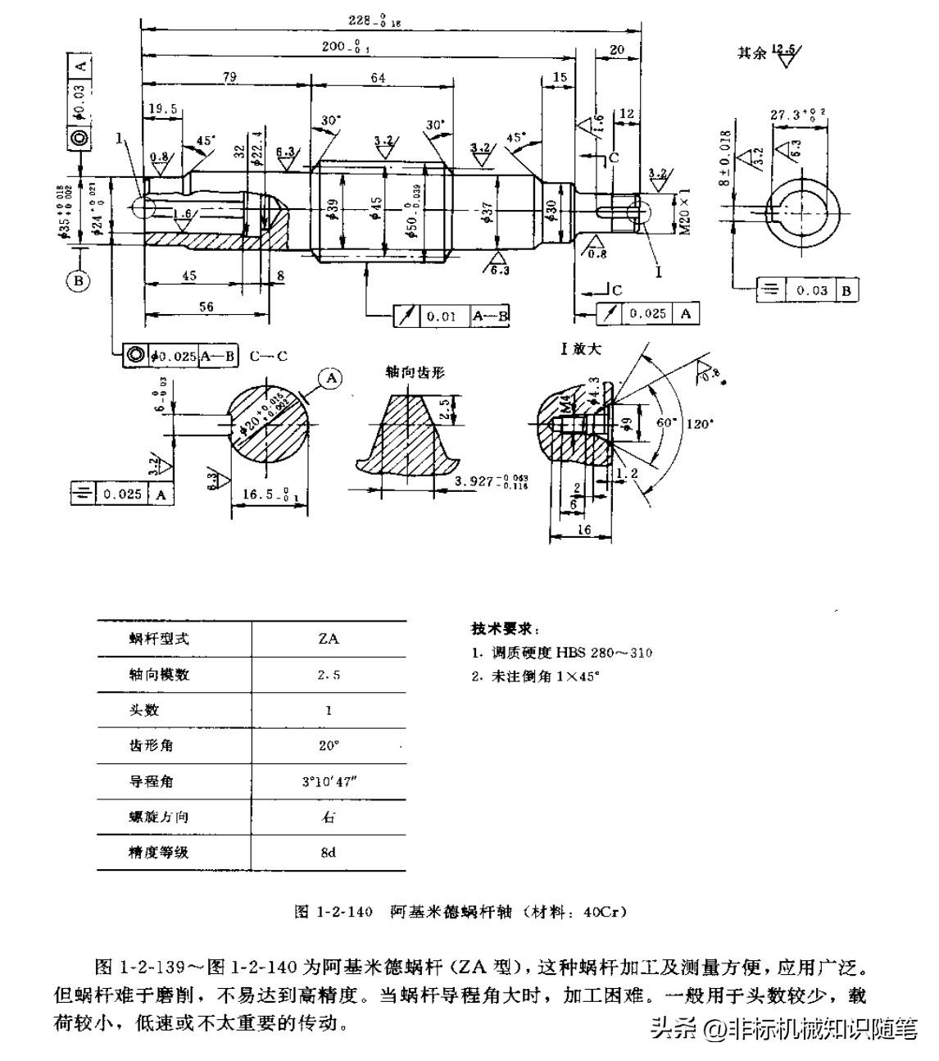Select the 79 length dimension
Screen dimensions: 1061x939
coord(229,78)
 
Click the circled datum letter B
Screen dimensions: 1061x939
coord(79,280)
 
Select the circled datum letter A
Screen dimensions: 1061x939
coord(332,378)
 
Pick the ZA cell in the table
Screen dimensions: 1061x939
coord(329,639)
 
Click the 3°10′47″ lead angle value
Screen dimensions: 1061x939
coord(329,781)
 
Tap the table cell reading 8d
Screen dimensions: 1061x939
coord(329,852)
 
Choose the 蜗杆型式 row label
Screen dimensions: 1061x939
coord(159,639)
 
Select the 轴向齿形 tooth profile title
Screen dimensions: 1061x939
coord(415,371)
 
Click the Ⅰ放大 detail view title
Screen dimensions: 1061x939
coord(581,348)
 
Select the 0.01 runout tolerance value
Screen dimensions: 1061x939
coord(442,316)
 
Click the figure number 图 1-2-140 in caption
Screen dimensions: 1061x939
coord(333,912)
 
